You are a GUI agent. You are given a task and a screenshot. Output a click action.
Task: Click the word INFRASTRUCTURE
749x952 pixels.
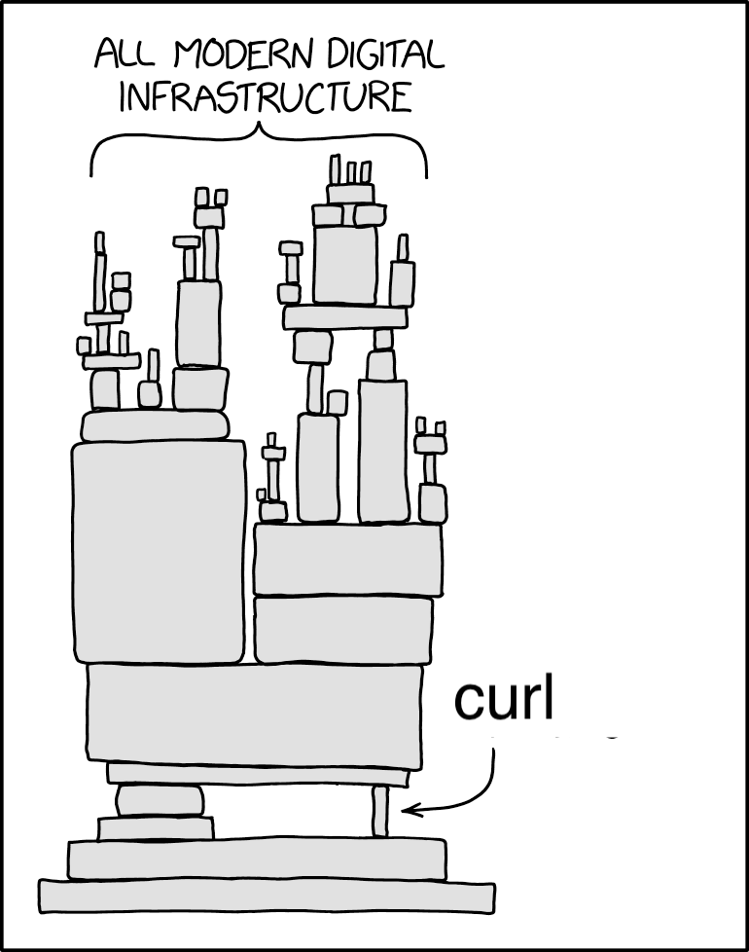266,97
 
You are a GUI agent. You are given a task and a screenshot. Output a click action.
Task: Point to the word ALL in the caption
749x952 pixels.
125,55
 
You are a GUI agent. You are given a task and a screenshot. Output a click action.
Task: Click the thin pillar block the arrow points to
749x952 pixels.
379,811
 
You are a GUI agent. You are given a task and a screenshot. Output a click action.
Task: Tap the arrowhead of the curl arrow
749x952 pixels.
408,809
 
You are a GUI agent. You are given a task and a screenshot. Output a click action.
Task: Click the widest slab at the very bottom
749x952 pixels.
267,896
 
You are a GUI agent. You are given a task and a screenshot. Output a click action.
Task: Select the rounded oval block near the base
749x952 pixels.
160,800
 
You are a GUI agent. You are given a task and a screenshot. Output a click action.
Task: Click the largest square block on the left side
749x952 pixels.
159,551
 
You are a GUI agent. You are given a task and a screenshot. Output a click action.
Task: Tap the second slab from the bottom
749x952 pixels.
257,859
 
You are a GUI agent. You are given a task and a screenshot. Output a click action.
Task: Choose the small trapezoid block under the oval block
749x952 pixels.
156,827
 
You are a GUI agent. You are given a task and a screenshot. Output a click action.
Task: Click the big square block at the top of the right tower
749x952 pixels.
345,264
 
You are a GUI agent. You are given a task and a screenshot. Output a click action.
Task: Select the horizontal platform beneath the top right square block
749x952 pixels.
345,317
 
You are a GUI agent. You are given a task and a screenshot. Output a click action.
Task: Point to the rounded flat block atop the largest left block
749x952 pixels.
156,425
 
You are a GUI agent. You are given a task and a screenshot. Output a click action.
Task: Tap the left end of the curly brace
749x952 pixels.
91,177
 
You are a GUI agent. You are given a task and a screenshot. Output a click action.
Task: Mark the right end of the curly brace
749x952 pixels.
426,178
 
